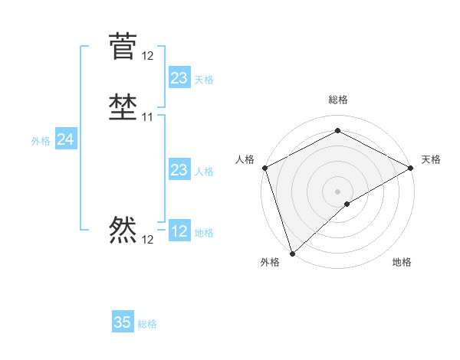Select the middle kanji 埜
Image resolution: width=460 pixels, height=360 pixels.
pos(123,107)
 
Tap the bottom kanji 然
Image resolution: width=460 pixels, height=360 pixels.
pos(123,229)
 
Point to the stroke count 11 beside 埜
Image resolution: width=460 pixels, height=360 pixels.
pos(148,117)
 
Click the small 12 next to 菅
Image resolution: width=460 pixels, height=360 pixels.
pos(148,56)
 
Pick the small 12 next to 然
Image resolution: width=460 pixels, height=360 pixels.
pos(148,240)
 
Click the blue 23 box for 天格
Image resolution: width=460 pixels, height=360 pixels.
pos(179,78)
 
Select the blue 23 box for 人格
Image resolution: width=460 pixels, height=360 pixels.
pos(179,170)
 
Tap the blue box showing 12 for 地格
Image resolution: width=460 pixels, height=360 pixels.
pos(179,231)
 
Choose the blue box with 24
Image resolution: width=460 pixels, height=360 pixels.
pos(66,139)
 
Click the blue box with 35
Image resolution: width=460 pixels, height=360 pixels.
pos(123,322)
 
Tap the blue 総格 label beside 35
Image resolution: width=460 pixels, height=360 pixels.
pos(148,324)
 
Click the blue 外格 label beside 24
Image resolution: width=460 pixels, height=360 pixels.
pos(41,141)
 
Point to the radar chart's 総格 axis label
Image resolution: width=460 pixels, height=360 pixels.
pos(337,100)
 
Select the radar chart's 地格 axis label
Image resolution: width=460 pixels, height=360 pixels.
pos(402,263)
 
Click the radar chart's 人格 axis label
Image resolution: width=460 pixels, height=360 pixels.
pos(245,159)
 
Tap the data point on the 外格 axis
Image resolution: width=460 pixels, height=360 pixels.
pos(292,253)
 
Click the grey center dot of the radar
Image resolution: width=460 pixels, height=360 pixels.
pos(337,191)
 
